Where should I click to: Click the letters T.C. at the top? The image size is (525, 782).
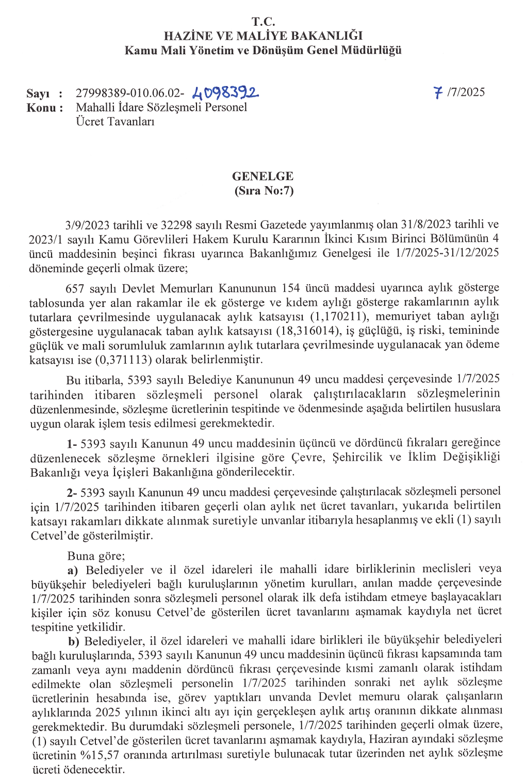(263, 22)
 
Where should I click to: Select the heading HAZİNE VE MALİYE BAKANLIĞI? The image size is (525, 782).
(263, 36)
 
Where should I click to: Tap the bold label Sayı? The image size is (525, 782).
(38, 93)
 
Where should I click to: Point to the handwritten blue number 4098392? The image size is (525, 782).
(225, 92)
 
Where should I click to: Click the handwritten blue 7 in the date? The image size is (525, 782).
(438, 93)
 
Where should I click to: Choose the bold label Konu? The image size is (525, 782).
(41, 108)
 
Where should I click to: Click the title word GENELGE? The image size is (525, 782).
(262, 176)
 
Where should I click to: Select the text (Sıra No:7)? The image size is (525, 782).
(264, 190)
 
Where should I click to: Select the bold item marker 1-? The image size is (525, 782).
(72, 444)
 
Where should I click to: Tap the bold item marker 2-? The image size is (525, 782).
(72, 492)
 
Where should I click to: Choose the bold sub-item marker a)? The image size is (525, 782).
(73, 570)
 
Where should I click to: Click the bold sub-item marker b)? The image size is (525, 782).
(74, 641)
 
